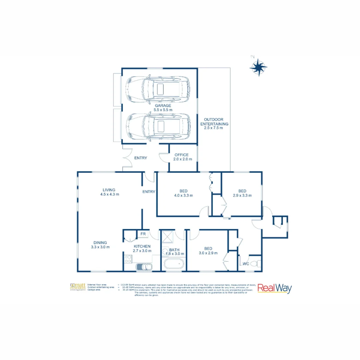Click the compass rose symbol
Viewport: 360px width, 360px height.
tap(258, 68)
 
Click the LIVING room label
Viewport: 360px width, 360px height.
tap(109, 190)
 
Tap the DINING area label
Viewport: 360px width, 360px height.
tap(100, 243)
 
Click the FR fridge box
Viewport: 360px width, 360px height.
tap(143, 234)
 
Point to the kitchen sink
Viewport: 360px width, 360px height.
tap(144, 266)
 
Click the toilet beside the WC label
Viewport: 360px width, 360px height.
tap(256, 263)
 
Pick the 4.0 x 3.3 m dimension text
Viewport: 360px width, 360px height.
tap(184, 196)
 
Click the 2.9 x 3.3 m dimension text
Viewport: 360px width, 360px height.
tap(242, 195)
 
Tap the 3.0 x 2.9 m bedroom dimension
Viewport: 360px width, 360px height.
tap(208, 253)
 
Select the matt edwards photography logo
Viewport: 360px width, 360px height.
tap(78, 287)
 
